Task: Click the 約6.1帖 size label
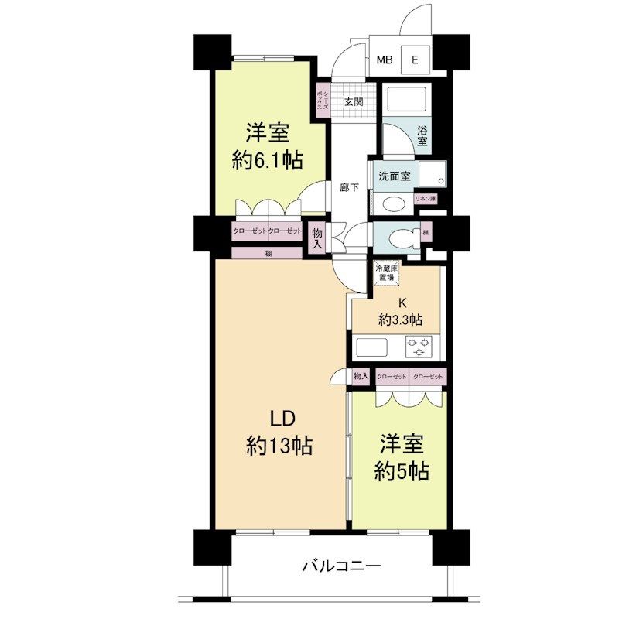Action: click(266, 160)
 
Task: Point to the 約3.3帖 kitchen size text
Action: click(400, 318)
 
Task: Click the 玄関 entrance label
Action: click(354, 101)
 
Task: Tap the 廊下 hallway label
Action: click(350, 187)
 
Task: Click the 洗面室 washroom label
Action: click(394, 176)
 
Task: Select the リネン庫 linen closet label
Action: click(426, 199)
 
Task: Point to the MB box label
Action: click(384, 60)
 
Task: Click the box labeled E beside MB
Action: click(415, 60)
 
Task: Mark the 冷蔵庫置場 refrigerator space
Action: click(386, 273)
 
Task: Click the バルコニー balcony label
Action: click(340, 566)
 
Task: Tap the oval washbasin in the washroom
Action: click(395, 204)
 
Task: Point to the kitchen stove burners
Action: click(419, 347)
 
